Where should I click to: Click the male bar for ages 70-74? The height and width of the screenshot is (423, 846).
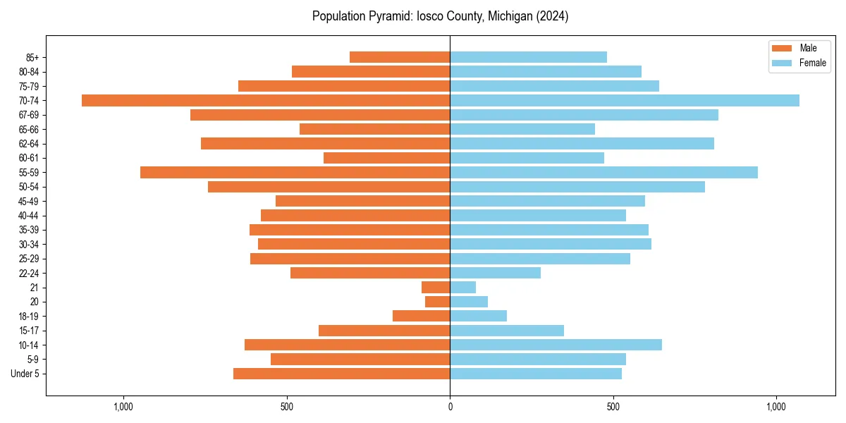266,100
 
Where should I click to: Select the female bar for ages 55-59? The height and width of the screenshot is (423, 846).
603,172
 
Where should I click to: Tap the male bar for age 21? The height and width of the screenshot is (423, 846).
436,287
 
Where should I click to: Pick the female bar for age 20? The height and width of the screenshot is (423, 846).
469,302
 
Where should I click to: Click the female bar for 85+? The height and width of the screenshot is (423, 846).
528,57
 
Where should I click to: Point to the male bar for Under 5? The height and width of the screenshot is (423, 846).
341,374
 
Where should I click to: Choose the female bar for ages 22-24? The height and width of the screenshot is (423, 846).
495,273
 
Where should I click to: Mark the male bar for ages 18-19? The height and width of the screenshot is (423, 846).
421,316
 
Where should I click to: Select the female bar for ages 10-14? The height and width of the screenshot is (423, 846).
556,345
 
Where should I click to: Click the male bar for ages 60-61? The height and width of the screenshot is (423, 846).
386,158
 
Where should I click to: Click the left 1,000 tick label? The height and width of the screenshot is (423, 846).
123,407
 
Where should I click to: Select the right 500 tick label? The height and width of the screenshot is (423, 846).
613,407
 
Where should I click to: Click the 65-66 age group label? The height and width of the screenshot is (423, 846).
29,129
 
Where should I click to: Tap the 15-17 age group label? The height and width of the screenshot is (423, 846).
29,331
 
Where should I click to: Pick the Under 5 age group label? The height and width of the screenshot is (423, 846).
25,374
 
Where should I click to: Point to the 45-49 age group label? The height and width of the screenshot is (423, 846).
29,201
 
